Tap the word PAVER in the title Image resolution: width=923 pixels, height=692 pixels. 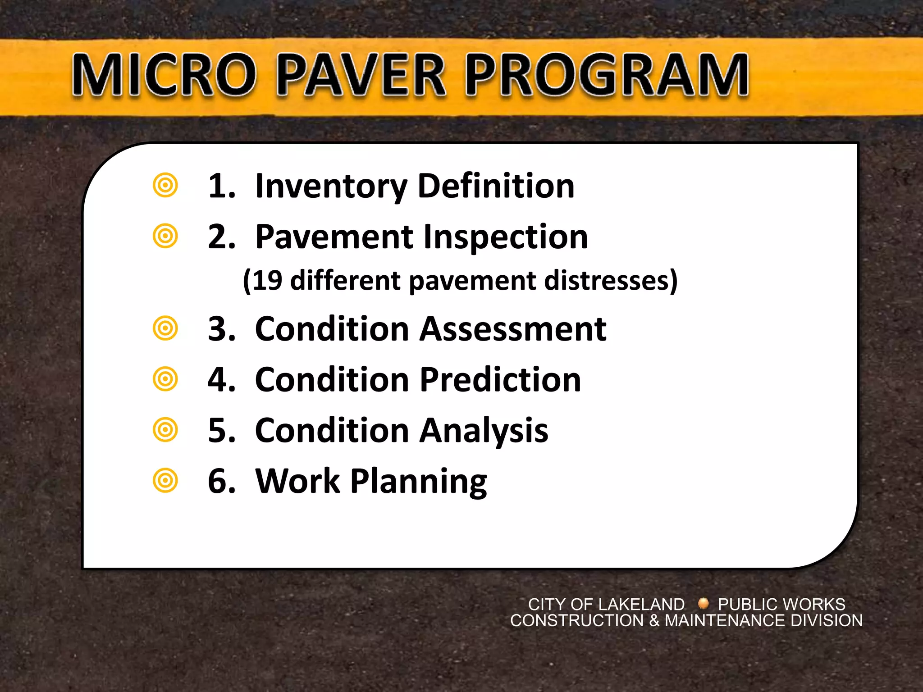(x=361, y=75)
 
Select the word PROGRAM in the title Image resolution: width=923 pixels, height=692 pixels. (x=607, y=75)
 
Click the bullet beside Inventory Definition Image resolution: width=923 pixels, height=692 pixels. (x=165, y=185)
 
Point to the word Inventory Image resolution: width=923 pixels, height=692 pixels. (x=331, y=186)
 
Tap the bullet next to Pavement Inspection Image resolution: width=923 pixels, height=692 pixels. (x=165, y=236)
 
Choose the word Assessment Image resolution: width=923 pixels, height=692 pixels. (x=513, y=328)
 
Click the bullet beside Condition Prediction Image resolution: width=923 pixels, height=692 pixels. (x=165, y=379)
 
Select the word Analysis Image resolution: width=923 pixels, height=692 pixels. (x=484, y=431)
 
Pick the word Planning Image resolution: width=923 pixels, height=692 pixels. (x=419, y=482)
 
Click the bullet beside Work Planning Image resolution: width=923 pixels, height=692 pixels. (x=165, y=481)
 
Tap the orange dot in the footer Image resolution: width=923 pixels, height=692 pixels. (x=703, y=603)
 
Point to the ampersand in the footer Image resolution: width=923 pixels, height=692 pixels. (x=654, y=621)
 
